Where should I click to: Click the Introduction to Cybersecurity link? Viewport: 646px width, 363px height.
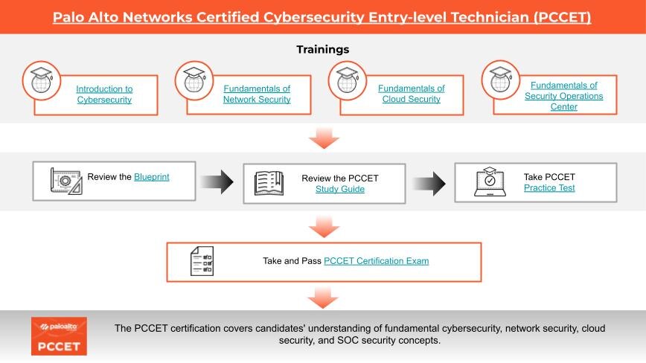pos(104,94)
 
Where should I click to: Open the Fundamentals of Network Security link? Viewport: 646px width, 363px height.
pos(257,94)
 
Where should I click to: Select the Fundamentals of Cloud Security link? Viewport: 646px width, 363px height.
pos(411,94)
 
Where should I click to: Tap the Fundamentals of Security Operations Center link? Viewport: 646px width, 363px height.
pos(563,96)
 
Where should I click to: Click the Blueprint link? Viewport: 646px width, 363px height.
pos(152,177)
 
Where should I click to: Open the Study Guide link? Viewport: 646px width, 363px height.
pos(340,189)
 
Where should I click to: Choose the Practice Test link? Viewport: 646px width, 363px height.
pos(549,187)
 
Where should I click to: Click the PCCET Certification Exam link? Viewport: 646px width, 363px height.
pos(376,261)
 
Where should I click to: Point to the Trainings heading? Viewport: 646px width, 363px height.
pos(322,49)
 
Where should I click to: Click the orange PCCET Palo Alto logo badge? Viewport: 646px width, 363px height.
pos(59,335)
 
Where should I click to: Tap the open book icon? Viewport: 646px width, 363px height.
pos(269,183)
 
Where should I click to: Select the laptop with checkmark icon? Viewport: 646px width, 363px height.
pos(490,181)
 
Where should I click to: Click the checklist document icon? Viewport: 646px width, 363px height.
pos(202,261)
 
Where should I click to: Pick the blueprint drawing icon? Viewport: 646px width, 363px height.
pos(66,181)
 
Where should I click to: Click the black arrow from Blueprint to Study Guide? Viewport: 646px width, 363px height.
pos(217,182)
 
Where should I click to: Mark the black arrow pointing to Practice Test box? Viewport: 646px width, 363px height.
pos(429,184)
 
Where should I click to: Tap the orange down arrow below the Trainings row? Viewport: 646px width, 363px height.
pos(324,138)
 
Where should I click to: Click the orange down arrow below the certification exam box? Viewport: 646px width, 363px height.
pos(323,298)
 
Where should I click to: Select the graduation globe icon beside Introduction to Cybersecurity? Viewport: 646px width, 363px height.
pos(42,80)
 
